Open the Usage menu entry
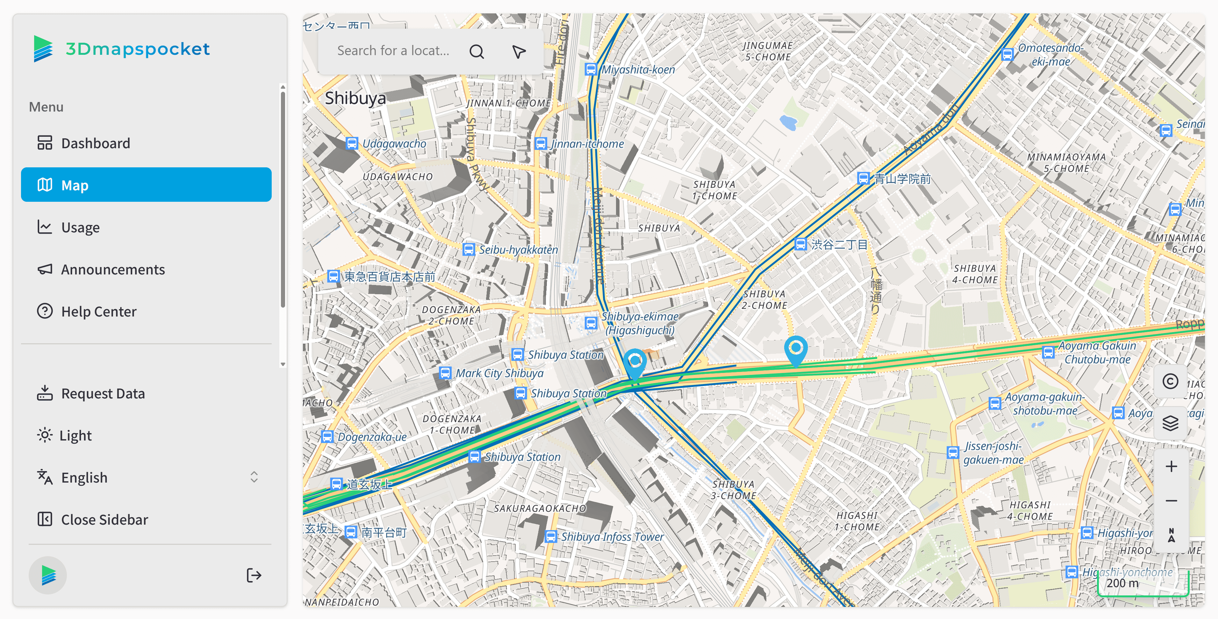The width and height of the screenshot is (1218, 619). coord(80,228)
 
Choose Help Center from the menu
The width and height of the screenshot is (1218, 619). coord(98,312)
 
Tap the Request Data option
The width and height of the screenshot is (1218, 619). coord(103,394)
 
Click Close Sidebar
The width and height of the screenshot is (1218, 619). coord(104,520)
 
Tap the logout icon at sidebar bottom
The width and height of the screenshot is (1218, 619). coord(254,575)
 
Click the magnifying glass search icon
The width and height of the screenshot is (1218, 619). coord(476,51)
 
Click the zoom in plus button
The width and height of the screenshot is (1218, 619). coord(1171,467)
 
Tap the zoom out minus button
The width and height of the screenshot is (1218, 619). coord(1171,501)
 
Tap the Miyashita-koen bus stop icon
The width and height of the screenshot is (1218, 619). coord(591,69)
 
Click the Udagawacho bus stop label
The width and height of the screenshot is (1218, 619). coord(394,143)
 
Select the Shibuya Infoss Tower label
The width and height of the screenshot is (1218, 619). coord(612,537)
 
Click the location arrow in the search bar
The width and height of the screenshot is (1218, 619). coord(519,51)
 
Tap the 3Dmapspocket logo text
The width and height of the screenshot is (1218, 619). coord(137,49)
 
